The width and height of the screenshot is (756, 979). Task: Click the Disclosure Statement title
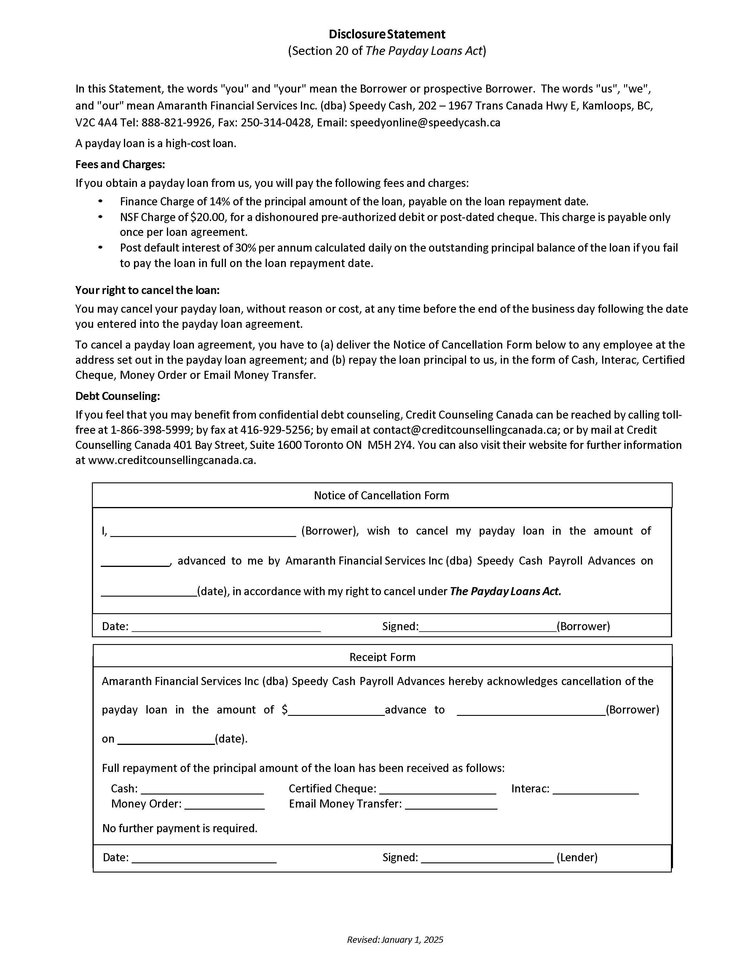387,34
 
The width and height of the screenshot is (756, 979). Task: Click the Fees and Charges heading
120,165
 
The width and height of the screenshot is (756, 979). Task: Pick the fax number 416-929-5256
275,430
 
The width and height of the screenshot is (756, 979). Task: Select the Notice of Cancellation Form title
381,495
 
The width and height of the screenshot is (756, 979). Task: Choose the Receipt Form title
382,657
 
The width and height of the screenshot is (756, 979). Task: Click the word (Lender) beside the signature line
577,858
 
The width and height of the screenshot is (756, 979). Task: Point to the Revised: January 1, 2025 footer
395,940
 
